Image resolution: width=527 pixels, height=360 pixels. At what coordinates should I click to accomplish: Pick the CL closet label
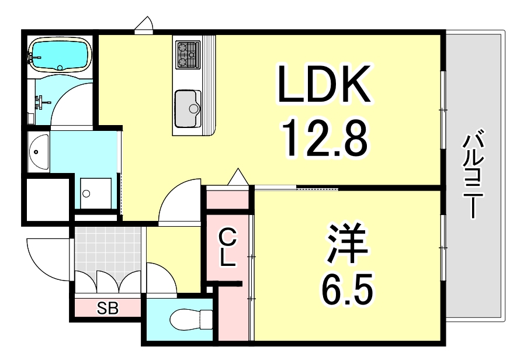point(228,248)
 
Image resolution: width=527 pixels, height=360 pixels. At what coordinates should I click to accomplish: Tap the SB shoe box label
point(108,308)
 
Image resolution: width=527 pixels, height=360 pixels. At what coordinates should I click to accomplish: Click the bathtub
point(60,54)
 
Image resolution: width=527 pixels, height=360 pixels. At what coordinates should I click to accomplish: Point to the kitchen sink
point(188,108)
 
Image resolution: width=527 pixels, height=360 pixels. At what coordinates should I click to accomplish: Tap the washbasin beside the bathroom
point(38,151)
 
